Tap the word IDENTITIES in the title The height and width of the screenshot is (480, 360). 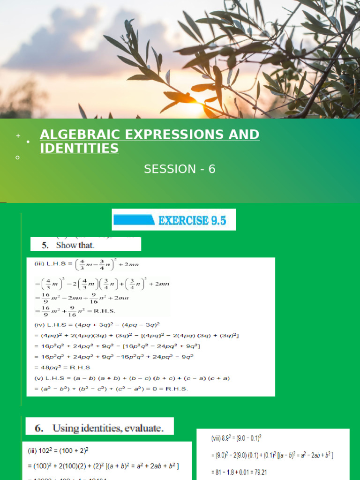tap(79, 149)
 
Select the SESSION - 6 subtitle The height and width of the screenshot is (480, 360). tap(180, 169)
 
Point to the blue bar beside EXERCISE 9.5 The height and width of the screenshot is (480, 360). tap(134, 220)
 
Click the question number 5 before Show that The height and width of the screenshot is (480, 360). tap(45, 245)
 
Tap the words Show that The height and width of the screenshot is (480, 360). tap(75, 245)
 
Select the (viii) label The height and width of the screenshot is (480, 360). tap(217, 438)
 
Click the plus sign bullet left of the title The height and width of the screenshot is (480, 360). tap(18, 136)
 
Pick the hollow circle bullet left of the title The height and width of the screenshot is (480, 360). tap(17, 158)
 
